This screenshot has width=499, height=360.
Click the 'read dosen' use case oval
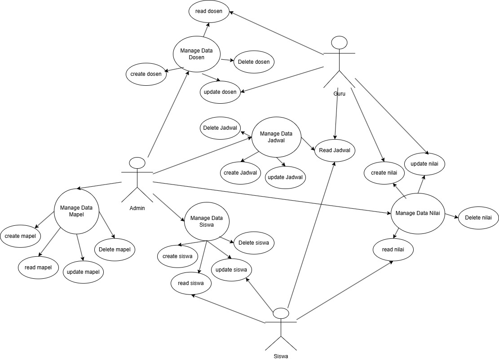tap(209, 11)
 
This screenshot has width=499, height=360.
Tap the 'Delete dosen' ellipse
tap(254, 61)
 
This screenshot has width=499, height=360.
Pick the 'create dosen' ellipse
tap(146, 74)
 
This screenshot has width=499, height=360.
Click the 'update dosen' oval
tap(220, 92)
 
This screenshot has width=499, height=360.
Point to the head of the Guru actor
tap(339, 43)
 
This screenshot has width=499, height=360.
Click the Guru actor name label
tap(339, 93)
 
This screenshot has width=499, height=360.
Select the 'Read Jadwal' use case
tap(335, 150)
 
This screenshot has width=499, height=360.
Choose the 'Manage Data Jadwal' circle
tap(276, 136)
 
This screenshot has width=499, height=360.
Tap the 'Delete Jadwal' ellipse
tap(220, 127)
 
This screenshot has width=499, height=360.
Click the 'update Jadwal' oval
tap(285, 177)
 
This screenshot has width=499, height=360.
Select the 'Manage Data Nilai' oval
tap(418, 213)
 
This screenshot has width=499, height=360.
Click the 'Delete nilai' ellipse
tap(478, 218)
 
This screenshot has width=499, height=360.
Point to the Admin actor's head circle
tap(137, 163)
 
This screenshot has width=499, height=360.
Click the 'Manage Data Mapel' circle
tap(76, 211)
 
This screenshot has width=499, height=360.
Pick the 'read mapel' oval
tap(38, 268)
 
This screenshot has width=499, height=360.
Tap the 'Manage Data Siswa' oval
tap(207, 222)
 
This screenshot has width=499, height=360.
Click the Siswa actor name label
tap(281, 356)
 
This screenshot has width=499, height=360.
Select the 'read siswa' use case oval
tap(191, 283)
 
